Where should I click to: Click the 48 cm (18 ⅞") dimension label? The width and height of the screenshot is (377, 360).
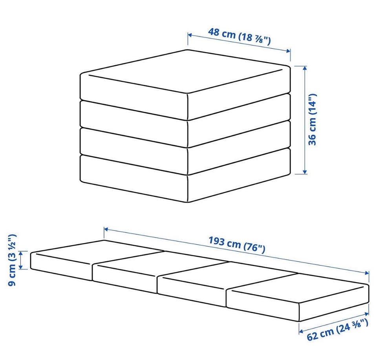coord(239,36)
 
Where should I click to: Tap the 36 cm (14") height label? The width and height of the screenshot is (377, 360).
coord(312,119)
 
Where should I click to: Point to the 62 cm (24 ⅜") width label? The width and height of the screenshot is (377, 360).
coord(337,329)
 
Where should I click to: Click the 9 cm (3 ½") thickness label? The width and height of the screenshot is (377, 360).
coord(12,260)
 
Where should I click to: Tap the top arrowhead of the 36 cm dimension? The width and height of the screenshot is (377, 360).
coord(305,68)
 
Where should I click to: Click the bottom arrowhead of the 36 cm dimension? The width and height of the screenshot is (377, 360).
coord(305,172)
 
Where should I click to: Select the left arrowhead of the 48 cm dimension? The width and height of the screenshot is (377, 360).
coord(190,35)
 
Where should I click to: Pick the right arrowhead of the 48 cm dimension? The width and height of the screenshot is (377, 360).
coord(288,51)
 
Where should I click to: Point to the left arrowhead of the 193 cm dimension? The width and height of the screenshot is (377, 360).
coord(106,229)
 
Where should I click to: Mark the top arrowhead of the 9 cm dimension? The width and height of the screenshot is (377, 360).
coord(21,253)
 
